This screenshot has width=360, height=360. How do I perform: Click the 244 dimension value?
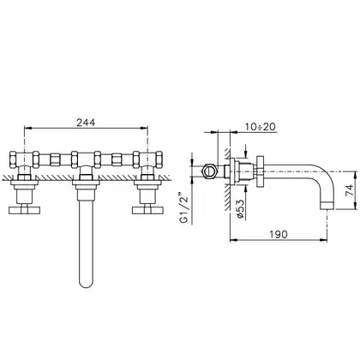pyautogui.click(x=86, y=123)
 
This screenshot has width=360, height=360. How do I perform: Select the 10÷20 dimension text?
pyautogui.click(x=261, y=127)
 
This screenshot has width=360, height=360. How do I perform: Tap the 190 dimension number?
pyautogui.click(x=279, y=234)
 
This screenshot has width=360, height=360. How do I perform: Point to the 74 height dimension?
pyautogui.click(x=350, y=190)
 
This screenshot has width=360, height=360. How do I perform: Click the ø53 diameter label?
pyautogui.click(x=241, y=209)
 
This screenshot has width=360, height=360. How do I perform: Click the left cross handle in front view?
pyautogui.click(x=25, y=210)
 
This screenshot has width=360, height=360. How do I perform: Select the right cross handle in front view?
pyautogui.click(x=147, y=210)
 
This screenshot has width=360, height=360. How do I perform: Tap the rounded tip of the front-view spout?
pyautogui.click(x=87, y=284)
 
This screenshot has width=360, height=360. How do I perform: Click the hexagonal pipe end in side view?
pyautogui.click(x=210, y=171)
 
